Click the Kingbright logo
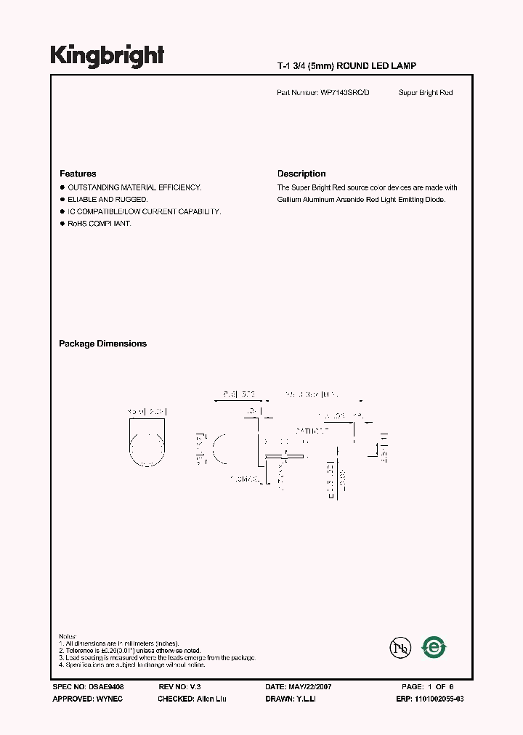pos(107,56)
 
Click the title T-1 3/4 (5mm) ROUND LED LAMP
pos(346,66)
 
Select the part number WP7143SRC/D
pos(344,93)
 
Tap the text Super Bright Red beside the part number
pos(426,93)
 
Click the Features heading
pos(78,174)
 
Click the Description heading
pos(301,174)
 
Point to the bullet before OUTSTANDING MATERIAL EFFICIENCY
pos(62,187)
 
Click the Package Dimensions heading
pos(102,344)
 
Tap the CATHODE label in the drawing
pos(312,431)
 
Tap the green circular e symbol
pos(434,646)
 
